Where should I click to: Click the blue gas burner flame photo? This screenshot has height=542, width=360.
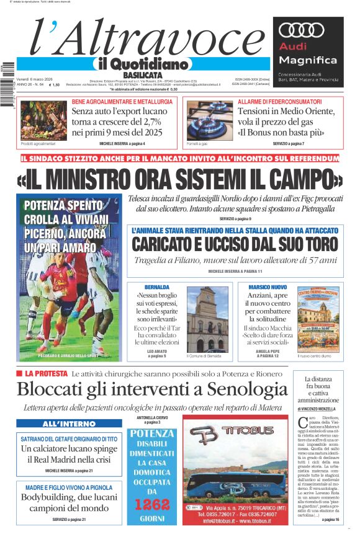[209, 119]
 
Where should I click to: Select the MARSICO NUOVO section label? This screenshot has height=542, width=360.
[267, 287]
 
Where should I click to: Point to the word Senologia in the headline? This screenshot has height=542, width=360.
[225, 390]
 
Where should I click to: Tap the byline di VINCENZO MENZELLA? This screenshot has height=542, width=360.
[321, 409]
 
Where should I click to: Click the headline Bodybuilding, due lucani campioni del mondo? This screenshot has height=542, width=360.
[69, 503]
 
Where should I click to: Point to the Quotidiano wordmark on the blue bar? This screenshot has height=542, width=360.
[142, 63]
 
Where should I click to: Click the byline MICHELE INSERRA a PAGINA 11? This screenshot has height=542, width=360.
[235, 272]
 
